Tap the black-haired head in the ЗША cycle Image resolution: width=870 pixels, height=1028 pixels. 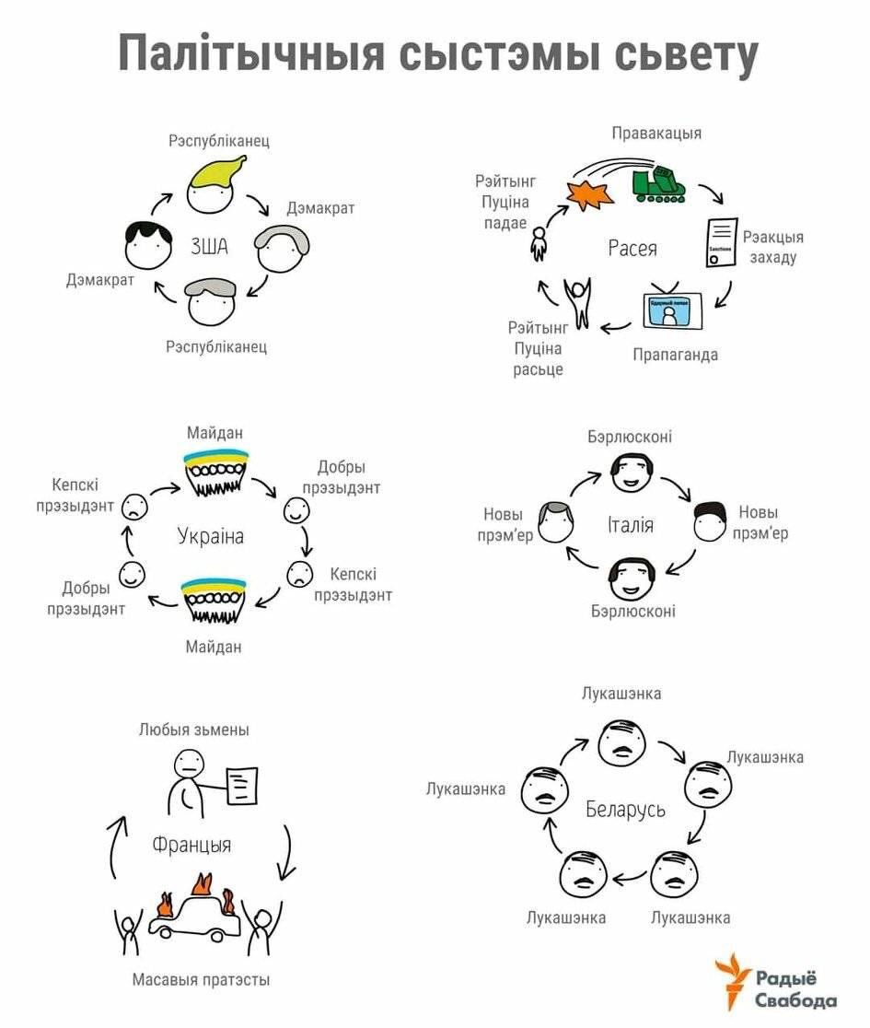(148, 245)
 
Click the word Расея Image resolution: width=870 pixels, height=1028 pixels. (632, 248)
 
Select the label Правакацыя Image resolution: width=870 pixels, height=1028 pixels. (656, 133)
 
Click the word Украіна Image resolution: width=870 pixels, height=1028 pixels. (211, 536)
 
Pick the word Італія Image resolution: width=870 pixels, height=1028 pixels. (630, 525)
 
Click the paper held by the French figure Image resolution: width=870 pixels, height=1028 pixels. (241, 785)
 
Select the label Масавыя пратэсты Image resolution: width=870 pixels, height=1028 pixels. (201, 980)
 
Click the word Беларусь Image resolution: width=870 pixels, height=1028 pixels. (625, 810)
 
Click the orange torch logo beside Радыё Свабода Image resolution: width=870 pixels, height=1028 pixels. (734, 980)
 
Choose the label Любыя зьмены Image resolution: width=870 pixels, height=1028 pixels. (193, 730)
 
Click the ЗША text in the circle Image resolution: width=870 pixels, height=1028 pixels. (209, 247)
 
